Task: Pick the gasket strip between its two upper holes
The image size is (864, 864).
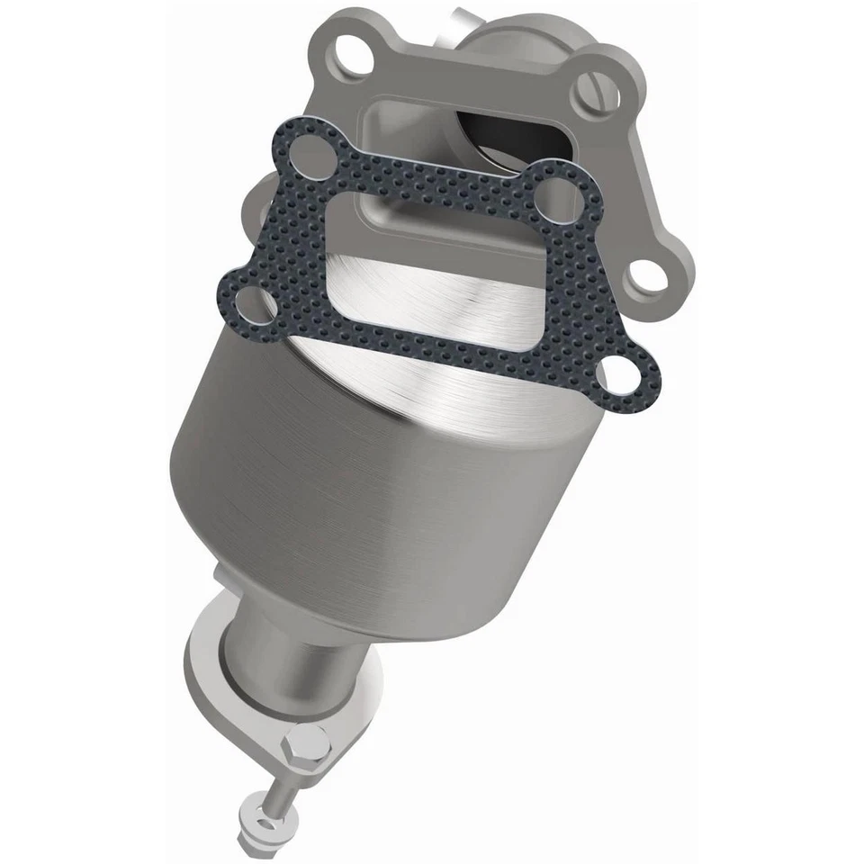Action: click(432, 171)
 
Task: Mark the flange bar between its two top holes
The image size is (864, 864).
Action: click(468, 67)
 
